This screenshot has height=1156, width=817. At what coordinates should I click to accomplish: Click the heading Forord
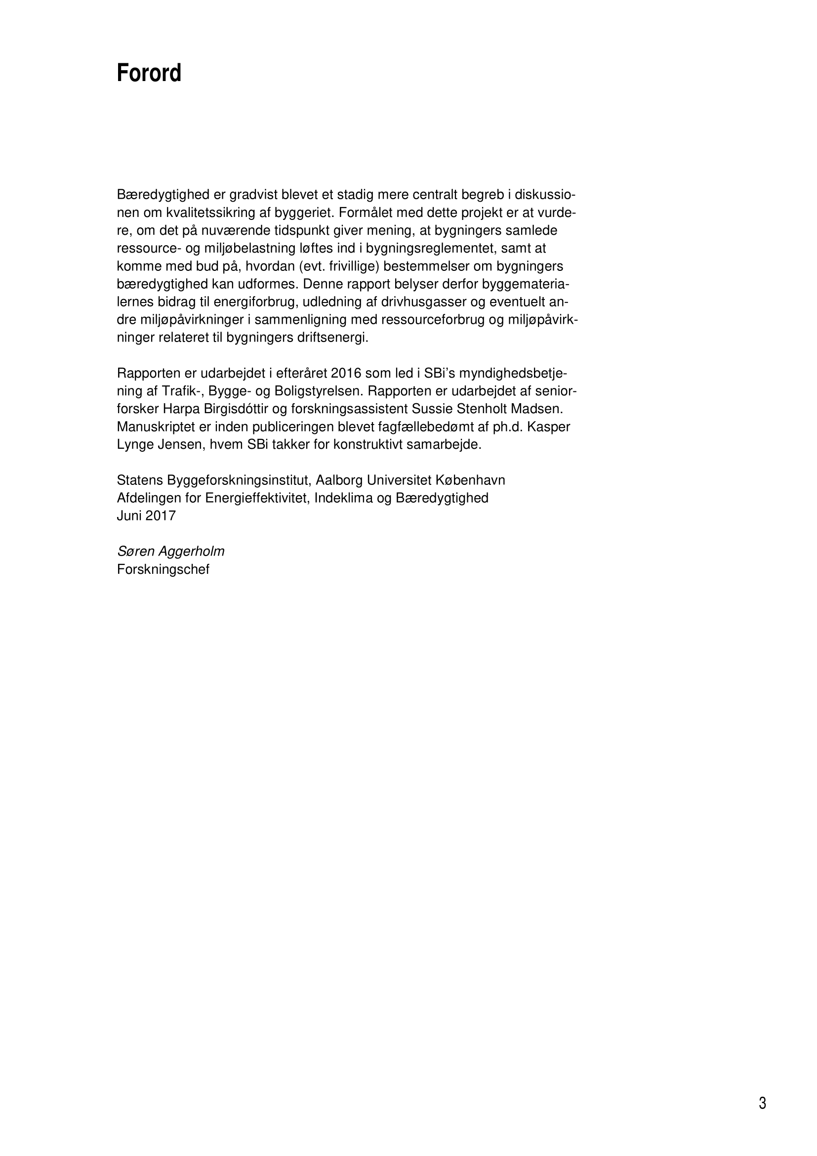pyautogui.click(x=149, y=74)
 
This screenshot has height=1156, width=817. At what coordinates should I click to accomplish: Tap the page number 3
pyautogui.click(x=762, y=1104)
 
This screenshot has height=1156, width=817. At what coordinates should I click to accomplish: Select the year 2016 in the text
pyautogui.click(x=347, y=374)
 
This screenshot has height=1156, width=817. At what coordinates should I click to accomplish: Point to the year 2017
pyautogui.click(x=161, y=516)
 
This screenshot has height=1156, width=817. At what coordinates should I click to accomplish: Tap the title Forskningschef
pyautogui.click(x=163, y=569)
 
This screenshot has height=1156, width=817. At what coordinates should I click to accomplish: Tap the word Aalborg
pyautogui.click(x=339, y=480)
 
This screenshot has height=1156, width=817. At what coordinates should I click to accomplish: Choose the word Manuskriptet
pyautogui.click(x=156, y=427)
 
